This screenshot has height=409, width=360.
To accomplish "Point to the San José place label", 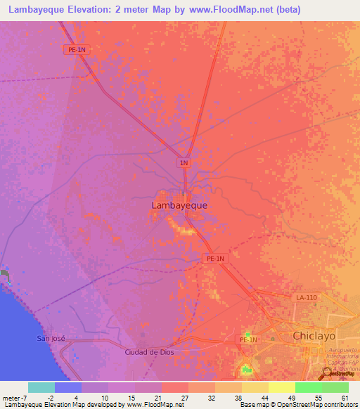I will pos(51,338).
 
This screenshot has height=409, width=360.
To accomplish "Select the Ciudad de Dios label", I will pos(149,352).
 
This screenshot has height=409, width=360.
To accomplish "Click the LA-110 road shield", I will pos(307,299).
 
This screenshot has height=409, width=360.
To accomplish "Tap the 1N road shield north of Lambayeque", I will pos(184,163).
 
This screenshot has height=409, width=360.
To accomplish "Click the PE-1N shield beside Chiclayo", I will pos(249,340).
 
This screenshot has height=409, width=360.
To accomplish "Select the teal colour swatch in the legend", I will pos(41,387).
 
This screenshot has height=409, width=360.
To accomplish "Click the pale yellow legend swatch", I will pos(281,387).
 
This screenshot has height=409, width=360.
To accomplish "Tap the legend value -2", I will pos(51,397).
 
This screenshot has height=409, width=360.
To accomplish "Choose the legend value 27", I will pos(185,397).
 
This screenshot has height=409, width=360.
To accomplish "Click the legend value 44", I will pos(265,397).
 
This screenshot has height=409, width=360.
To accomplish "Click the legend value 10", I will pos(105,397).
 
